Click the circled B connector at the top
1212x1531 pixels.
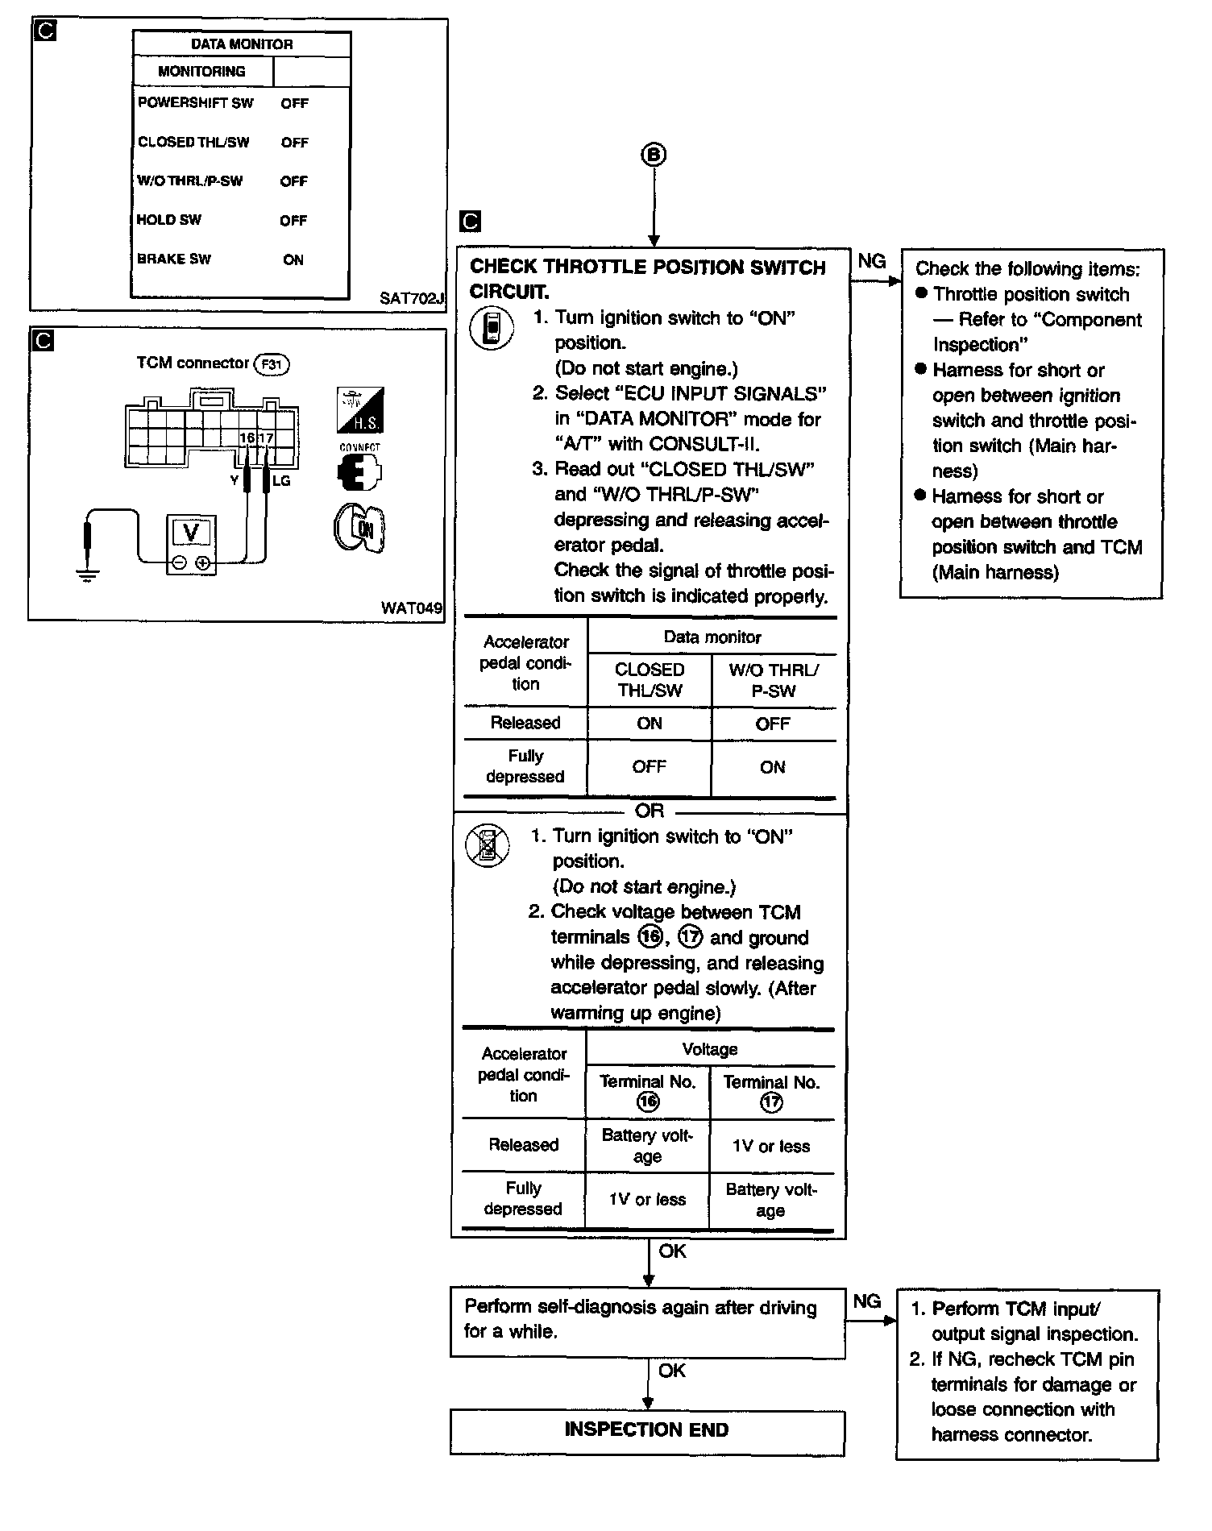coord(654,155)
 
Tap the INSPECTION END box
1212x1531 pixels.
coord(646,1430)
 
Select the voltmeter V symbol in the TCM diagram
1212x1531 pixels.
coord(191,533)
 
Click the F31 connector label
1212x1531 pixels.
coord(272,364)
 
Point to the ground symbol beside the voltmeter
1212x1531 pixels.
coord(87,575)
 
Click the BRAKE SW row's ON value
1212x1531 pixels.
coord(293,259)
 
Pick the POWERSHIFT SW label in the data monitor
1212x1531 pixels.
coord(195,103)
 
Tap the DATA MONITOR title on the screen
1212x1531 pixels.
coord(242,44)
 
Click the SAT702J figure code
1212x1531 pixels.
coord(412,298)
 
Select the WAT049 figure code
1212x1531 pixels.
coord(412,608)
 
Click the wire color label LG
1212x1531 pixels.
coord(281,481)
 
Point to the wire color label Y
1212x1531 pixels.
coord(235,481)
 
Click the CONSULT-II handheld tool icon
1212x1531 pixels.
coord(492,330)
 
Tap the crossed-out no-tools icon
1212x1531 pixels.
coord(488,846)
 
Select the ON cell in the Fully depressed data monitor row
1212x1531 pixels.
coord(772,767)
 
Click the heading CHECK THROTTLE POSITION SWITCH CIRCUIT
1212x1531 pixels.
coord(647,279)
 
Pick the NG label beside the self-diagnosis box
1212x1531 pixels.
coord(867,1301)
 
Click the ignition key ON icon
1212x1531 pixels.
coord(359,529)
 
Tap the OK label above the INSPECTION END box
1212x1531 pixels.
coord(671,1371)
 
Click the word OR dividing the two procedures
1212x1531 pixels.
coord(650,811)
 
